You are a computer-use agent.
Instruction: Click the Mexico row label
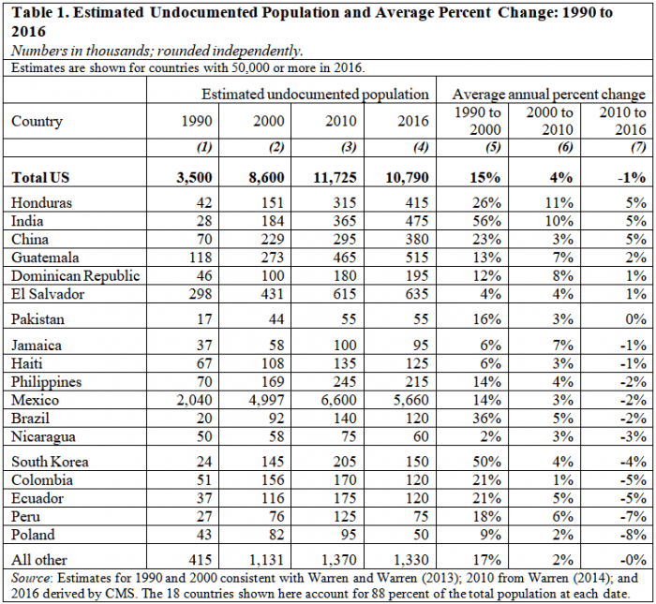[x=36, y=400]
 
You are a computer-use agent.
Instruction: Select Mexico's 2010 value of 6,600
[x=339, y=401]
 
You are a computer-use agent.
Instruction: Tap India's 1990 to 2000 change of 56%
[x=487, y=221]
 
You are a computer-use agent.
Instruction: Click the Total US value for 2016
[x=407, y=178]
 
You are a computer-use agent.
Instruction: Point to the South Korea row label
[x=50, y=462]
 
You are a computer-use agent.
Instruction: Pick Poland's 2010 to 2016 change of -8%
[x=634, y=535]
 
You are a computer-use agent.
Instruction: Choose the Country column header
[x=37, y=121]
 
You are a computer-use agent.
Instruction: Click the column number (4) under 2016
[x=421, y=147]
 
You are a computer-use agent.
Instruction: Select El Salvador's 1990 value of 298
[x=201, y=294]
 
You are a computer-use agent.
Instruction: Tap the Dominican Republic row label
[x=75, y=276]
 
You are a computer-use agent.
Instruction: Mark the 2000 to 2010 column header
[x=550, y=121]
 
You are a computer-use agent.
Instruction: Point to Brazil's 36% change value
[x=487, y=419]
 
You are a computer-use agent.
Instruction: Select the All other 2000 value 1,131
[x=267, y=560]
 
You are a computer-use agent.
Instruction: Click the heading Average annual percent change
[x=549, y=95]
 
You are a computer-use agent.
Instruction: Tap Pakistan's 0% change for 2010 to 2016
[x=636, y=319]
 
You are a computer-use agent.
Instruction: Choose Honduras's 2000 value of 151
[x=273, y=202]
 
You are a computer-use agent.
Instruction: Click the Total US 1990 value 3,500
[x=194, y=178]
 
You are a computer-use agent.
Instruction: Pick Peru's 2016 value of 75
[x=421, y=517]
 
